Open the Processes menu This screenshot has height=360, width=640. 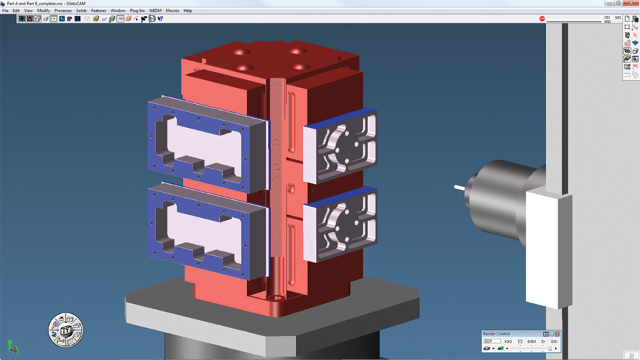tap(63, 11)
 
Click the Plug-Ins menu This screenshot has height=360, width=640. tap(138, 11)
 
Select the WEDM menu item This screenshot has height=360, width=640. tap(155, 11)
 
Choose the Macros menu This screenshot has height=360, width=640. tap(172, 11)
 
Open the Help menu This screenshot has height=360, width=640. tap(187, 11)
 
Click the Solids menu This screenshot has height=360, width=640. tap(81, 11)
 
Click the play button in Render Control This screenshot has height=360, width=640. tap(543, 341)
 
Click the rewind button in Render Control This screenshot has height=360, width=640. tap(508, 341)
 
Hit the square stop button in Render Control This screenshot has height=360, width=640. tap(520, 341)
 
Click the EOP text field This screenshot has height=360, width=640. tap(492, 341)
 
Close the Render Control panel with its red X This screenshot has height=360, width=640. tap(557, 333)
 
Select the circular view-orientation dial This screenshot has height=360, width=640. tap(65, 329)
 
